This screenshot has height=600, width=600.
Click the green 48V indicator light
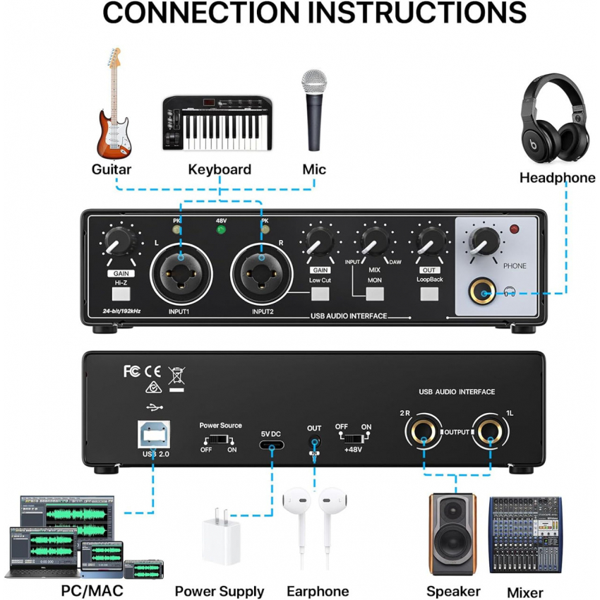pyautogui.click(x=221, y=229)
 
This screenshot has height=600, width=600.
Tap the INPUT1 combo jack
pyautogui.click(x=181, y=273)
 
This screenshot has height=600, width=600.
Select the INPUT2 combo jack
pyautogui.click(x=262, y=273)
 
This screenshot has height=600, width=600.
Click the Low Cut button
pyautogui.click(x=320, y=294)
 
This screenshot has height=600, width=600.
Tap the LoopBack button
pyautogui.click(x=429, y=294)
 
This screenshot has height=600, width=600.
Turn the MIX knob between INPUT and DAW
pyautogui.click(x=375, y=241)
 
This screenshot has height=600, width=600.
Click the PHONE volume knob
pyautogui.click(x=484, y=242)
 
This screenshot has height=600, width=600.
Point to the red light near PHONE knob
pyautogui.click(x=515, y=229)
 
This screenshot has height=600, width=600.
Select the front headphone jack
pyautogui.click(x=483, y=292)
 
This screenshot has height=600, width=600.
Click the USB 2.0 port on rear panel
pyautogui.click(x=154, y=434)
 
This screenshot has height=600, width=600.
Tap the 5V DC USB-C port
pyautogui.click(x=272, y=445)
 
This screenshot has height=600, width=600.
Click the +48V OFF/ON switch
pyautogui.click(x=354, y=438)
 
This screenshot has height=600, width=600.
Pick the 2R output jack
pyautogui.click(x=424, y=431)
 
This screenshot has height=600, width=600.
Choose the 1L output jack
pyautogui.click(x=490, y=431)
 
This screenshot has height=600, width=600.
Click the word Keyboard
pyautogui.click(x=220, y=169)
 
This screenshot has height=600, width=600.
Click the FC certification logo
pyautogui.click(x=132, y=371)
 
